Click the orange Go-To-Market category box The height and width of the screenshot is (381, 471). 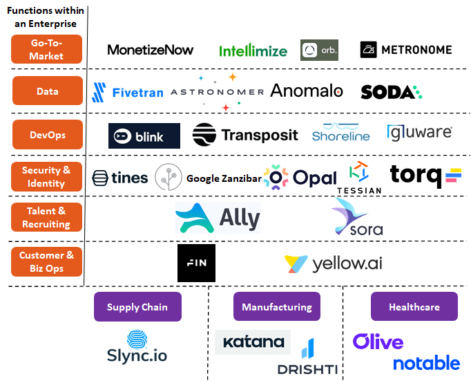point(46,49)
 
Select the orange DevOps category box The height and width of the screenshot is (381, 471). point(46,135)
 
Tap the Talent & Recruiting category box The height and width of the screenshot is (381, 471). point(46,217)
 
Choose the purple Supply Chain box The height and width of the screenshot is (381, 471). point(137,307)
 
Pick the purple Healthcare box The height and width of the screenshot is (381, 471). point(414,307)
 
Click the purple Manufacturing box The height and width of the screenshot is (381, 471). point(276,307)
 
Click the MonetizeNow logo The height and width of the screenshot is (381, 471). point(151,50)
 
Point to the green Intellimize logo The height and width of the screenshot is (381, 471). point(253,50)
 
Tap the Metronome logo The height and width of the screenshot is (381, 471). point(406,50)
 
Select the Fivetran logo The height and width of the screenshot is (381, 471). point(128,92)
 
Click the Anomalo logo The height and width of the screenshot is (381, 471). point(307,91)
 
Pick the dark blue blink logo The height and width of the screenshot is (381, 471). point(144,136)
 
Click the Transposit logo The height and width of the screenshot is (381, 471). point(245,134)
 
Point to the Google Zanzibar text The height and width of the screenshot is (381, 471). point(224,178)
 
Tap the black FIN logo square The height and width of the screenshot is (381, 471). point(196,263)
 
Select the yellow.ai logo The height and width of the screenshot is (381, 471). point(333,263)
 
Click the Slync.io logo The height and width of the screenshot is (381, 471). point(137,347)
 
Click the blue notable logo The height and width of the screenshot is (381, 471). point(426,362)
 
